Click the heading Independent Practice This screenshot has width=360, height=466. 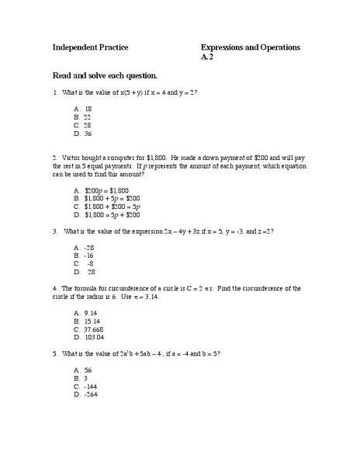[90, 48]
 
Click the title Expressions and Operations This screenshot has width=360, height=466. [250, 48]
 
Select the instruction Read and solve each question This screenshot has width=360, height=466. [105, 75]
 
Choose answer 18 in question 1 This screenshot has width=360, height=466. [88, 109]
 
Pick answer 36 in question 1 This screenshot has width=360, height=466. [88, 133]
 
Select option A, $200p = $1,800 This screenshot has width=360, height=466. [107, 190]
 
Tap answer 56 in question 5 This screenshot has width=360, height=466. [88, 370]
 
